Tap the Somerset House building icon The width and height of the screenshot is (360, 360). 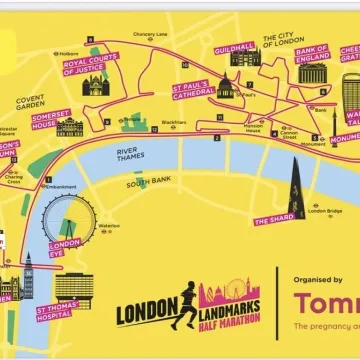click(x=70, y=127)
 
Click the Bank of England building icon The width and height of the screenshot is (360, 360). click(x=311, y=72)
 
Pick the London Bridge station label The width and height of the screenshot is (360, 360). click(x=326, y=211)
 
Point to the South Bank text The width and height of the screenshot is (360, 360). click(x=149, y=184)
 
